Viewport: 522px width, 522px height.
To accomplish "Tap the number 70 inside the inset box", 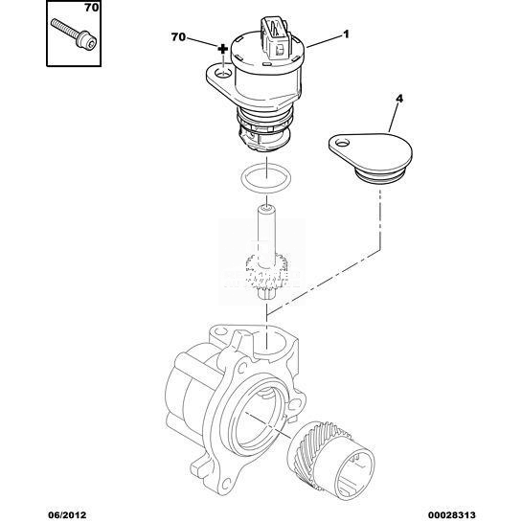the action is click(91, 8).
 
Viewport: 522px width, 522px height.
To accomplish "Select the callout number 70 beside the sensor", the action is click(178, 37).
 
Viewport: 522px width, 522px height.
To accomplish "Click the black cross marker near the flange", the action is click(222, 49).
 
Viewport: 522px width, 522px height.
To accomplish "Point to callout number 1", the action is click(346, 34).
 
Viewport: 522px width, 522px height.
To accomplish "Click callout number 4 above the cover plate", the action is click(399, 99).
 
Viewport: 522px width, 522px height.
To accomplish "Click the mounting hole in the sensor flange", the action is click(222, 73).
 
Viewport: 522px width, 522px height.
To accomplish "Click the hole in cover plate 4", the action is click(341, 143).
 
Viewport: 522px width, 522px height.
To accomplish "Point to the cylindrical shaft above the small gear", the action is click(266, 230).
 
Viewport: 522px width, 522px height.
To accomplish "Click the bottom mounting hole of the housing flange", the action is click(227, 480).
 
